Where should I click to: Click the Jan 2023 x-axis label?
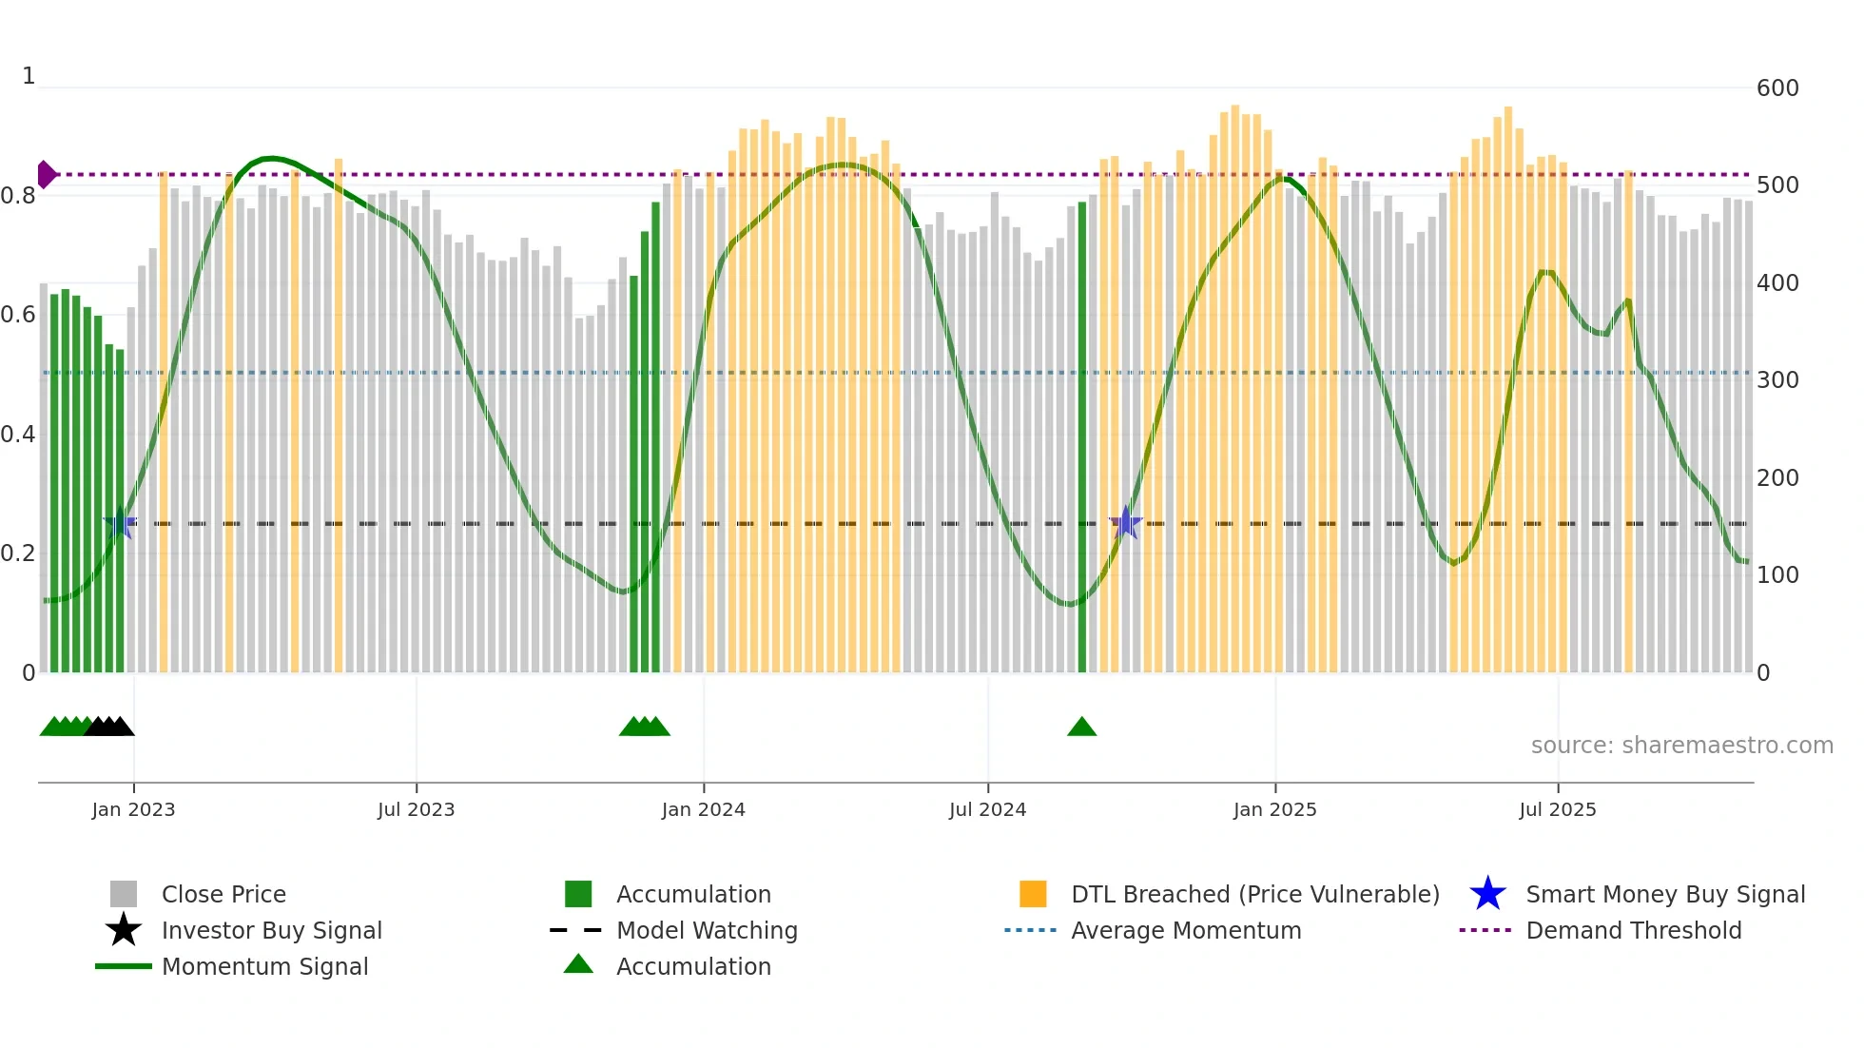click(x=133, y=809)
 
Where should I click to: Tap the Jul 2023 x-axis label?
click(x=416, y=809)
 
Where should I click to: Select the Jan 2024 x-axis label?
click(x=703, y=809)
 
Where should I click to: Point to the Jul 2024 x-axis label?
click(x=987, y=809)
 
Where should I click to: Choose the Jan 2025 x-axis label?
click(x=1274, y=809)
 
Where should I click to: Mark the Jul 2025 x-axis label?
click(x=1557, y=809)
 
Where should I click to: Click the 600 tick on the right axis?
click(x=1777, y=88)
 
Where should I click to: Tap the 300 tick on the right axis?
click(x=1777, y=380)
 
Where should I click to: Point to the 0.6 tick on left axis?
click(x=18, y=315)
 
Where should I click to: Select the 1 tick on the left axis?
click(x=29, y=76)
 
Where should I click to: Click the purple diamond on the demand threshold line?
click(x=46, y=174)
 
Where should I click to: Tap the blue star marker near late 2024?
click(x=1125, y=522)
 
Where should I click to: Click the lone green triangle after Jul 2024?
click(x=1081, y=728)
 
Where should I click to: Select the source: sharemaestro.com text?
click(x=1681, y=746)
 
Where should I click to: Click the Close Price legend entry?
click(x=223, y=894)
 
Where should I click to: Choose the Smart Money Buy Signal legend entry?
click(x=1664, y=894)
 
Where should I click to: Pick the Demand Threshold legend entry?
click(x=1633, y=930)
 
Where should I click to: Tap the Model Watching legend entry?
click(x=706, y=930)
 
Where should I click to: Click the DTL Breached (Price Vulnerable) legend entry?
click(x=1254, y=894)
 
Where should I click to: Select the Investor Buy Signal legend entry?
click(x=271, y=930)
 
